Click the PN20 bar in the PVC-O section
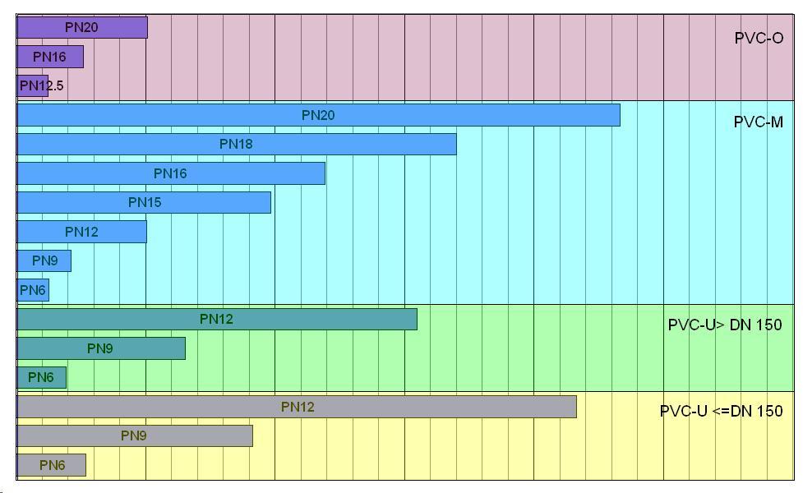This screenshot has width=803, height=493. [x=81, y=27]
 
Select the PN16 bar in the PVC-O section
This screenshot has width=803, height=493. [x=49, y=57]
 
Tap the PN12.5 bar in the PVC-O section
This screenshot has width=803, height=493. [x=33, y=85]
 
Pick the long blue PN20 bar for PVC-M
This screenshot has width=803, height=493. [x=318, y=115]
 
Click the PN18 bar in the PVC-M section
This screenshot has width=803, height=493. [x=236, y=144]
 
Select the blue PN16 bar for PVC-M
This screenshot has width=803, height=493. [x=170, y=173]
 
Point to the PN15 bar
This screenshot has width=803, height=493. [x=144, y=202]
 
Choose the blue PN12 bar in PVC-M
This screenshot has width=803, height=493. [x=81, y=232]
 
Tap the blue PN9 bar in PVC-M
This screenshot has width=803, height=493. [x=44, y=260]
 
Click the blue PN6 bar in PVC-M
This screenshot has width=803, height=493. [x=33, y=290]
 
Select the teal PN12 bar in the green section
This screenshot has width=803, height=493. [x=216, y=319]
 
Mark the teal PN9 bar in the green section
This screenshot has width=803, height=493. [x=100, y=348]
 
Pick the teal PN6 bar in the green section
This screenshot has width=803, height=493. [x=41, y=377]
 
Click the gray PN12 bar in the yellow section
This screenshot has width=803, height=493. [x=297, y=407]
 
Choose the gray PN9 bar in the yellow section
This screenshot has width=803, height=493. [x=134, y=435]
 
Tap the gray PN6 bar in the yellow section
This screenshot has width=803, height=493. [x=51, y=465]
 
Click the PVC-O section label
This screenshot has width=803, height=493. [x=759, y=38]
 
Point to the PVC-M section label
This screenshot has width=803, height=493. [x=758, y=122]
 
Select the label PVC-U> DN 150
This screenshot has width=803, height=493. [x=724, y=325]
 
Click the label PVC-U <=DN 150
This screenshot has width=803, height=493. [x=721, y=411]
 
